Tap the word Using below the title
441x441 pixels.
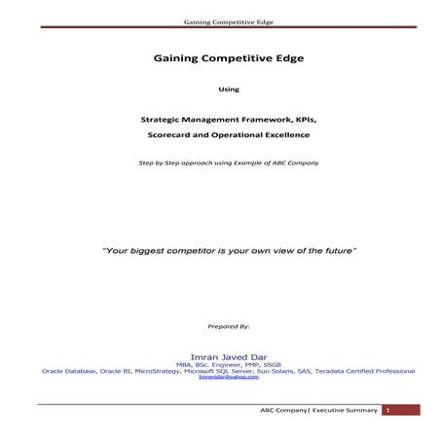[221, 89]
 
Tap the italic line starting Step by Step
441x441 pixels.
[221, 162]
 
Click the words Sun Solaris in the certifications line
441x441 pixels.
[272, 370]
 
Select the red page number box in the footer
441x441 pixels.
[386, 411]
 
